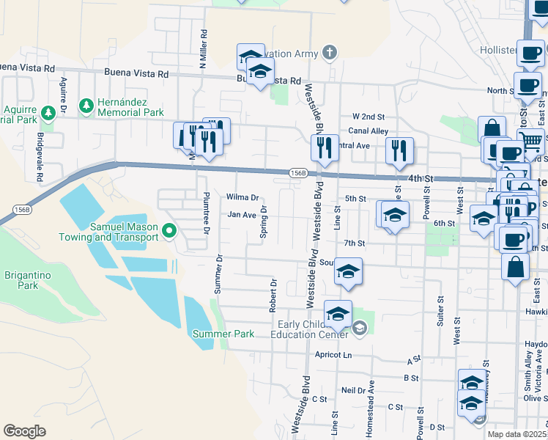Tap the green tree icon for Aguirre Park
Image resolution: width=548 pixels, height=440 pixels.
48,114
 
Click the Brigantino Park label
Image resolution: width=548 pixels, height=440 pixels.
21,279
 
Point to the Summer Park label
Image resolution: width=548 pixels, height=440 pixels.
223,334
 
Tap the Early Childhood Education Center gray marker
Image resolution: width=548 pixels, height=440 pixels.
359,329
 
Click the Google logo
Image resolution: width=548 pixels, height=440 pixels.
24,431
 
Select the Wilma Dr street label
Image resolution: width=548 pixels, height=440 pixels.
242,197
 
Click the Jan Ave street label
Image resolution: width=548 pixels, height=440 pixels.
241,215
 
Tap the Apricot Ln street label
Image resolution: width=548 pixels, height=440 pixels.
333,354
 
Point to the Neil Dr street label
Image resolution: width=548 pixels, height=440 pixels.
353,390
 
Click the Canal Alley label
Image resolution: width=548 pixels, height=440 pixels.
368,131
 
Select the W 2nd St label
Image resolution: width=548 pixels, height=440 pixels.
368,117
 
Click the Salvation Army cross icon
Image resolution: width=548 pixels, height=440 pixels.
330,53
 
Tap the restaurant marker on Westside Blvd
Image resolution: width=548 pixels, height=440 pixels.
324,147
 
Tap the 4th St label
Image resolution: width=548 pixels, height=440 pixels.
421,178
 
